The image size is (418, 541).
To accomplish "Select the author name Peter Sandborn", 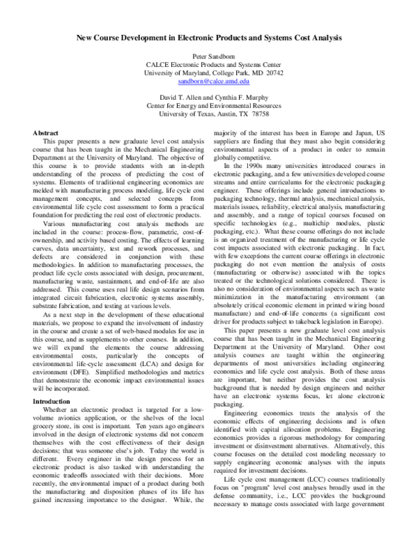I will point(209,54).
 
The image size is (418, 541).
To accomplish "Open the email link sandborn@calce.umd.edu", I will point(209,82).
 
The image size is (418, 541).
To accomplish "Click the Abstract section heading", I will point(47,132).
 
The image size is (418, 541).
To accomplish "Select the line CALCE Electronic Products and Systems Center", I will point(209,63).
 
